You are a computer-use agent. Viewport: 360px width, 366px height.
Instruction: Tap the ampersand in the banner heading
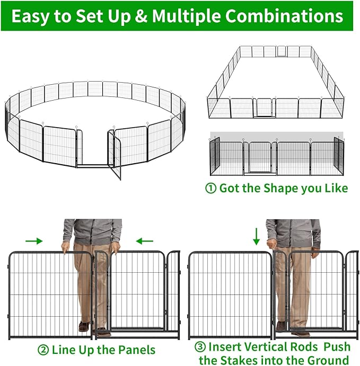click(x=142, y=16)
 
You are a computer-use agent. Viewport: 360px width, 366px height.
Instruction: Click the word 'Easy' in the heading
click(x=31, y=16)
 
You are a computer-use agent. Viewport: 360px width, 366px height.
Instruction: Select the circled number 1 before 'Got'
click(x=210, y=189)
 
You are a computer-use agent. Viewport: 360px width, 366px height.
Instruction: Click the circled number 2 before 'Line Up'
click(x=43, y=350)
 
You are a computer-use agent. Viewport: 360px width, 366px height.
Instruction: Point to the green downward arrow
click(x=257, y=236)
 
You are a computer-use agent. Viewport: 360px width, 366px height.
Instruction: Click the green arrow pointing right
click(x=33, y=241)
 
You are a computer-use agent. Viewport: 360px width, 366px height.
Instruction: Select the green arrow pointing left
click(x=144, y=241)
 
